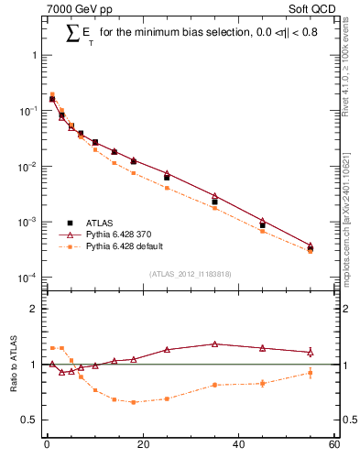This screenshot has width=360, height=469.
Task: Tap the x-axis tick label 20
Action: point(143,445)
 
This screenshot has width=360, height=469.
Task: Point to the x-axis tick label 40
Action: point(239,445)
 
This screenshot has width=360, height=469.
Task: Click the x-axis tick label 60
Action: point(334,445)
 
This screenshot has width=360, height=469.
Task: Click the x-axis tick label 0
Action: point(47,445)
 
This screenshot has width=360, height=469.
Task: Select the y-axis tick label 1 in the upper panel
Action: point(34,55)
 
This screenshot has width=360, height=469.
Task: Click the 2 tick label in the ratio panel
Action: point(34,309)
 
